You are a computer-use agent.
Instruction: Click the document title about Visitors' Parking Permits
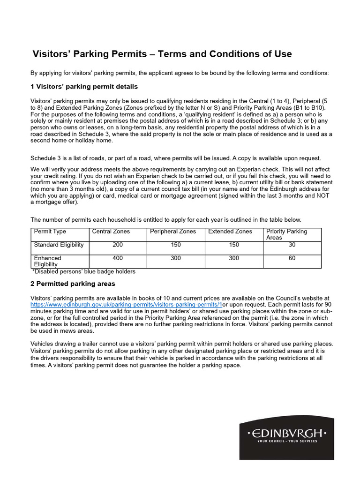pos(162,54)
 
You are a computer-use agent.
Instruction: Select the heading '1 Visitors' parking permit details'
pos(84,87)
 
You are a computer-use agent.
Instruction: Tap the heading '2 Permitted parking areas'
pos(73,284)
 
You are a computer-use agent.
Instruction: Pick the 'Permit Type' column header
pos(50,232)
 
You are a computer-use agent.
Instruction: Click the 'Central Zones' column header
pos(111,232)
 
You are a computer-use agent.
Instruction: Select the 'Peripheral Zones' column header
pos(173,232)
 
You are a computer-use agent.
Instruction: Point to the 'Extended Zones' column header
pos(230,232)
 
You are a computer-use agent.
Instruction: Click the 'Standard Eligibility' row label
pos(59,245)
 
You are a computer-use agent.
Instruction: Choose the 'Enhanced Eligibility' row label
pos(48,261)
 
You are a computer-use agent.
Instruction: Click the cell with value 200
pos(118,245)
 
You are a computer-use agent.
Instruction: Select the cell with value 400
pos(118,258)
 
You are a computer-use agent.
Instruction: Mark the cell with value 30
pos(292,245)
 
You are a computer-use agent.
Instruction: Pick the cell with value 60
pos(292,258)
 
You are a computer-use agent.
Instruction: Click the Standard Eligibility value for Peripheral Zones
pos(176,245)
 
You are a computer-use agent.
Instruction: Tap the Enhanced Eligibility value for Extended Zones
pos(234,258)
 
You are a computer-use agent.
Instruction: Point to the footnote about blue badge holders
pos(84,271)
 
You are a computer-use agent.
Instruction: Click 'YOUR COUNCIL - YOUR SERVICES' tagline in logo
pos(287,441)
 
